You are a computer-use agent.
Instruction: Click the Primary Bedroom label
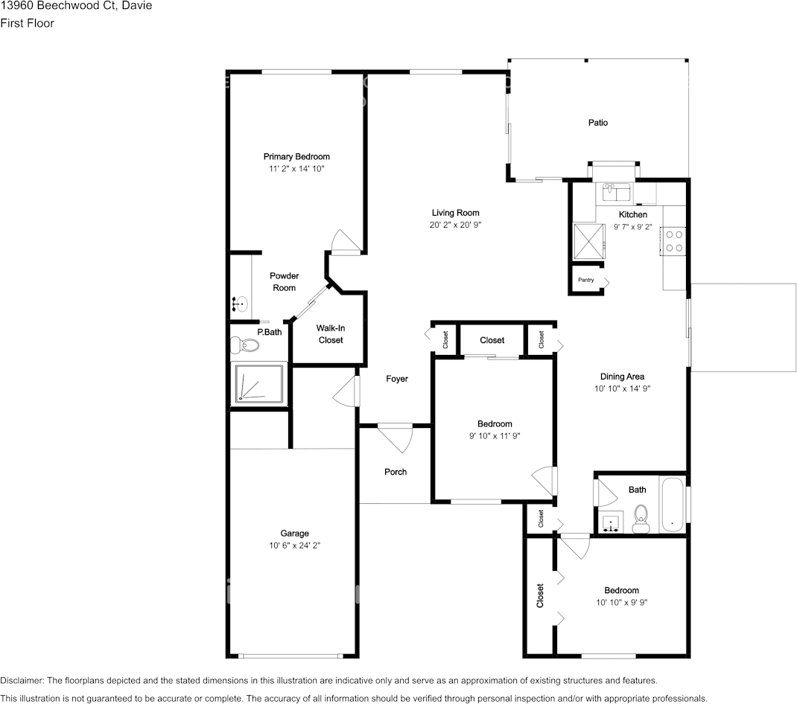click(296, 156)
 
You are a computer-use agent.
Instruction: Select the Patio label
click(597, 123)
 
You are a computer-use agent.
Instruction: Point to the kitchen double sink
click(617, 192)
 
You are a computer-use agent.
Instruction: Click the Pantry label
click(585, 281)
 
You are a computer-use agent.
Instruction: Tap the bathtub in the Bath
click(673, 505)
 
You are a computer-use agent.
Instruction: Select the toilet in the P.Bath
click(244, 345)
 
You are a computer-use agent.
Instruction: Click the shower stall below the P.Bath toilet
click(258, 383)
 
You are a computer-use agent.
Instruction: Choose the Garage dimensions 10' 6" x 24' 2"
click(295, 545)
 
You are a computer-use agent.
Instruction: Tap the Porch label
click(396, 472)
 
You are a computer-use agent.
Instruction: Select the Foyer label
click(396, 379)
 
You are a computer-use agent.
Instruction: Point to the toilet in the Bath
click(641, 518)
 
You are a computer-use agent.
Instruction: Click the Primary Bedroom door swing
click(343, 241)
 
